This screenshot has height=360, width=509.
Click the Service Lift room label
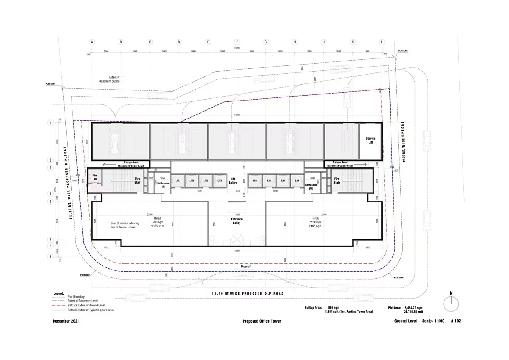tap(370, 140)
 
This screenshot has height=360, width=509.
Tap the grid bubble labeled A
tap(92, 42)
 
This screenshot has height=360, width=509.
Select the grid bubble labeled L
tap(382, 42)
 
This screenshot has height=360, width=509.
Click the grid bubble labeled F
tap(237, 42)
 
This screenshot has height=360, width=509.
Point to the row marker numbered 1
tap(50, 123)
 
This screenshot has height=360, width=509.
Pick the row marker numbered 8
tap(50, 257)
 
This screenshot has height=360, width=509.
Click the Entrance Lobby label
tap(237, 221)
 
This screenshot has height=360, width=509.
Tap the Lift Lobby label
tap(233, 180)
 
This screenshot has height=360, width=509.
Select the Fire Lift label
tap(94, 178)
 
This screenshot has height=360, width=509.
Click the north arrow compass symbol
tap(451, 303)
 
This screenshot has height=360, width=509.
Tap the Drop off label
tap(246, 266)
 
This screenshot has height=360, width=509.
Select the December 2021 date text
tap(66, 321)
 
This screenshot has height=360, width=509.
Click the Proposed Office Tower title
tap(262, 321)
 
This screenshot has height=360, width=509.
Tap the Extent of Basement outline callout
tap(114, 79)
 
